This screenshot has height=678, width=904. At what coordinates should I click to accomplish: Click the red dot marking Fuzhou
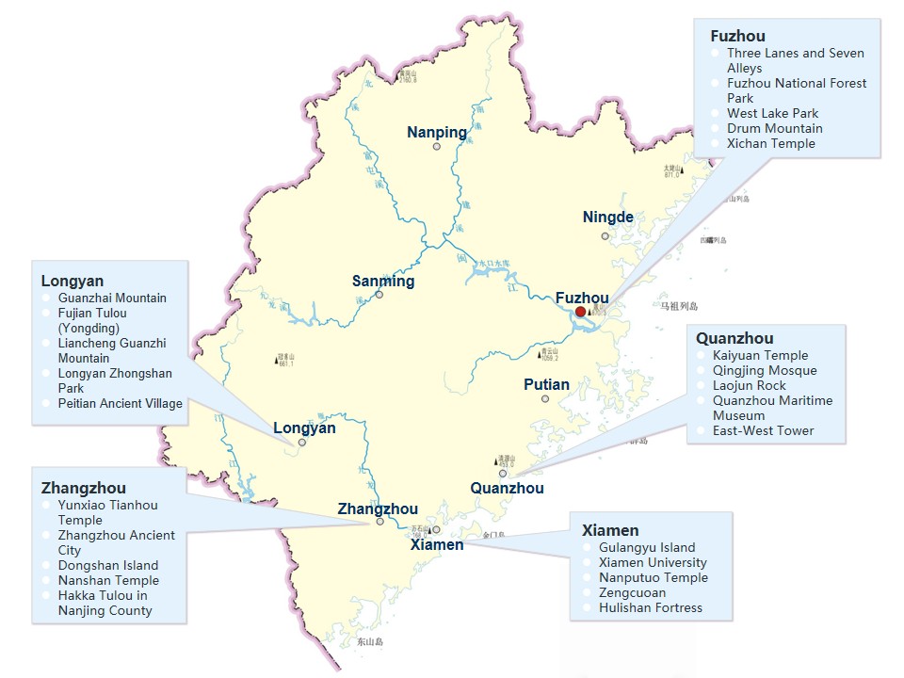point(581,312)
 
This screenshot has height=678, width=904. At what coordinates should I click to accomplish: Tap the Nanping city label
point(436,133)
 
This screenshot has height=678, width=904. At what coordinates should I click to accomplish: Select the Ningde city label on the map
point(607,218)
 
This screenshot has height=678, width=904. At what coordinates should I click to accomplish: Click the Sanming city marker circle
point(379,295)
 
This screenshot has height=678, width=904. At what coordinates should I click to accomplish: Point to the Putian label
point(546,384)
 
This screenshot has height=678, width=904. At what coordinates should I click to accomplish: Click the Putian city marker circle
point(545,399)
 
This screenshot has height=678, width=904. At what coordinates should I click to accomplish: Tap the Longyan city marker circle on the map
point(302,442)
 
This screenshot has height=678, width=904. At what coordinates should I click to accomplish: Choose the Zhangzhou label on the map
point(378,508)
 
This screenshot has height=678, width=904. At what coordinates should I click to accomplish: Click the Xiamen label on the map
point(437,544)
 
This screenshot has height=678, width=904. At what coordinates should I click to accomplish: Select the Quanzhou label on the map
point(507,488)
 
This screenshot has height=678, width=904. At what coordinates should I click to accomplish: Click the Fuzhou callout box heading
point(737,36)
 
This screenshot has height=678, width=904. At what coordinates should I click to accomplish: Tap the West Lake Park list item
point(772,113)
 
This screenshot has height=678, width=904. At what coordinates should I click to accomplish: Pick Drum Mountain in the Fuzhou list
point(774,128)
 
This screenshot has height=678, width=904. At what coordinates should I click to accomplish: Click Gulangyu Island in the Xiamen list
point(646,547)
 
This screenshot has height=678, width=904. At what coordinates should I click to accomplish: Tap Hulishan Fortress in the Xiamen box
point(650,607)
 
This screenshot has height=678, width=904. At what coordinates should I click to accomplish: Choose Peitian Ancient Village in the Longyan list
point(120,403)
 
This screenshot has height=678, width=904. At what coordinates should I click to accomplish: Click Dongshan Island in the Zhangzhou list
point(107,565)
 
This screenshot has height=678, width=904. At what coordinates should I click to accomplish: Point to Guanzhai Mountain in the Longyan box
point(112,298)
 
